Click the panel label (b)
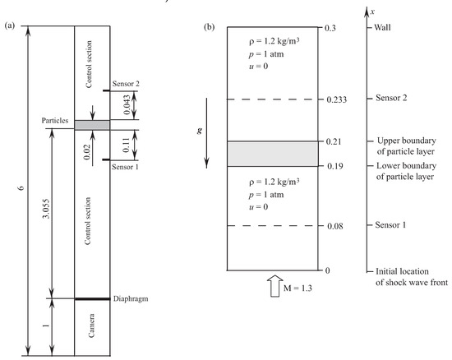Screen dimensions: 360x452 pyautogui.click(x=210, y=26)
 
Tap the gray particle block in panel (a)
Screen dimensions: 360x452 pyautogui.click(x=91, y=124)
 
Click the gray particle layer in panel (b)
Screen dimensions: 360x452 pyautogui.click(x=272, y=154)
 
